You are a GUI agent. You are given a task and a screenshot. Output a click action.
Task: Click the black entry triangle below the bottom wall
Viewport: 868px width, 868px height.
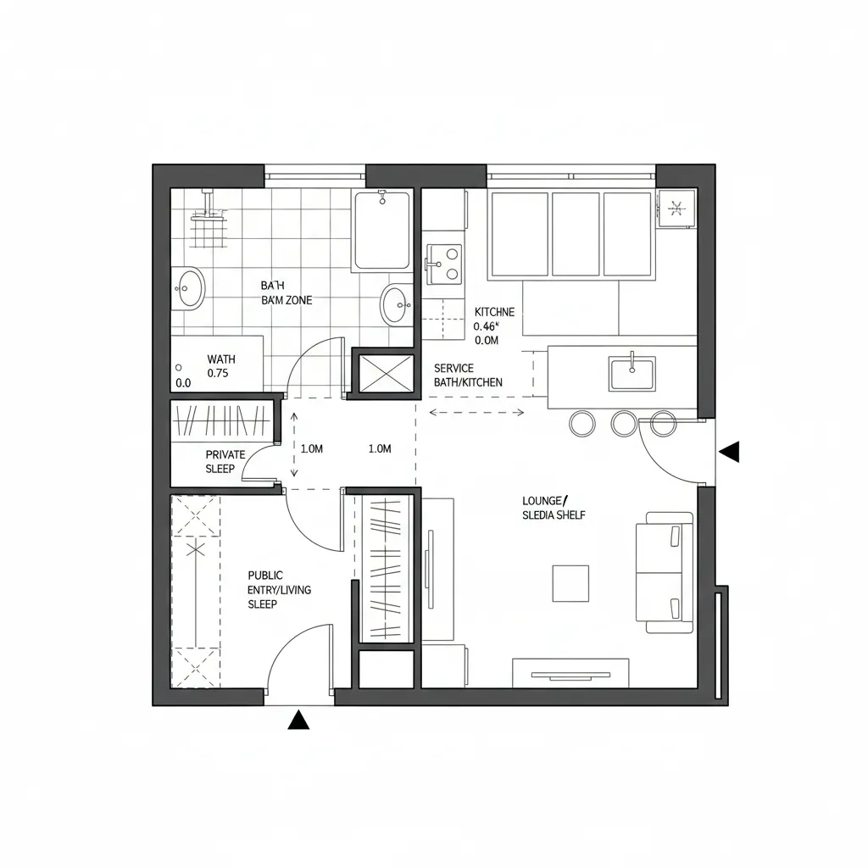[x=298, y=720]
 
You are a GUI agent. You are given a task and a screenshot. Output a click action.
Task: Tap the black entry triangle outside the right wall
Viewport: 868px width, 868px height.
[x=730, y=452]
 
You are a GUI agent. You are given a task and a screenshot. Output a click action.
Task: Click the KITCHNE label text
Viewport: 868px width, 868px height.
[x=494, y=311]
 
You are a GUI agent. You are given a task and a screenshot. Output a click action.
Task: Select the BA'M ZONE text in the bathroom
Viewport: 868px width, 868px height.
[x=287, y=300]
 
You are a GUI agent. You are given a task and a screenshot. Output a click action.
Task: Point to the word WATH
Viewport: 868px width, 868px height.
[x=221, y=359]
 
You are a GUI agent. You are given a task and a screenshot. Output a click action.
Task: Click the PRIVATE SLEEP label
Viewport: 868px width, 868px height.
[x=225, y=461]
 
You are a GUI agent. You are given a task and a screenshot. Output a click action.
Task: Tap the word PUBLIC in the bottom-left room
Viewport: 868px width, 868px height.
[x=265, y=575]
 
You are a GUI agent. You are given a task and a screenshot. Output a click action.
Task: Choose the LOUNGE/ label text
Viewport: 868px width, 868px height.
[x=545, y=500]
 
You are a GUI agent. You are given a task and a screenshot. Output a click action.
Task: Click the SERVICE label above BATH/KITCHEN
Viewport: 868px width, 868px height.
[x=453, y=368]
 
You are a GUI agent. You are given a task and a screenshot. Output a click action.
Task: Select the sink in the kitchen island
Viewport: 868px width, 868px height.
[x=632, y=374]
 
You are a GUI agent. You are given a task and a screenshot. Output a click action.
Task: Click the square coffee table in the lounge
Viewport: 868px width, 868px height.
[x=570, y=583]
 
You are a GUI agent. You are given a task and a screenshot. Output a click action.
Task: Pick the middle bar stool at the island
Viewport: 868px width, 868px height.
[x=624, y=423]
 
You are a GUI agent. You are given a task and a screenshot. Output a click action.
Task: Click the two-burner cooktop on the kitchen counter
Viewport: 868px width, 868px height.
[x=444, y=263]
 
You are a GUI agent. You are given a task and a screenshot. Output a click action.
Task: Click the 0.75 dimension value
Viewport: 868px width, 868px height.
[x=221, y=372]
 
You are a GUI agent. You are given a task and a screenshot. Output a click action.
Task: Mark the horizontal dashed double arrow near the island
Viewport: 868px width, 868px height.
[x=477, y=413]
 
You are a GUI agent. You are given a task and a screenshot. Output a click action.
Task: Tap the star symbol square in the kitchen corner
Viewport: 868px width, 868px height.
[x=676, y=207]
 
